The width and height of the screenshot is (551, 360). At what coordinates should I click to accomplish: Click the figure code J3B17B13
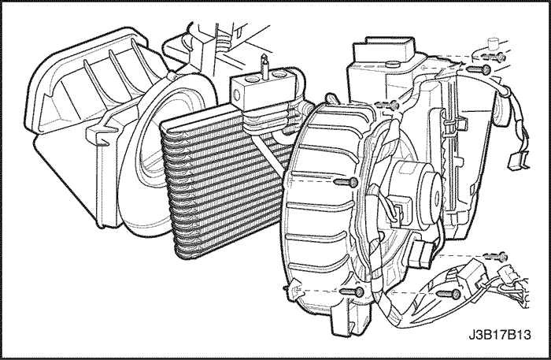click(x=500, y=335)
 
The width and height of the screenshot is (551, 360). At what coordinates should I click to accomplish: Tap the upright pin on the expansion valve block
click(x=264, y=65)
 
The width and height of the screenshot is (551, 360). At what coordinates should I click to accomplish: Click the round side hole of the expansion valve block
click(x=236, y=95)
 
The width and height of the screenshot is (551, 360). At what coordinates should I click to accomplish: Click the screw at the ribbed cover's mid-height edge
click(x=346, y=182)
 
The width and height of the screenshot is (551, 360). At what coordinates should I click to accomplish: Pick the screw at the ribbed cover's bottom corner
click(x=353, y=291)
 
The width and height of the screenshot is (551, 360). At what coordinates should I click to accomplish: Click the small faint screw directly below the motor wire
click(x=496, y=257)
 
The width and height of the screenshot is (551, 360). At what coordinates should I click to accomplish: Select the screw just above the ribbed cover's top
click(x=386, y=105)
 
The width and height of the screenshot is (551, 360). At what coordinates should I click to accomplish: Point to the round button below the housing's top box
click(x=392, y=64)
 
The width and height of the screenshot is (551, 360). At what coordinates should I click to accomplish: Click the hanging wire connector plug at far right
click(x=519, y=160)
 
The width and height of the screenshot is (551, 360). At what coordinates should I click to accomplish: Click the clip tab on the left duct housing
click(x=99, y=135)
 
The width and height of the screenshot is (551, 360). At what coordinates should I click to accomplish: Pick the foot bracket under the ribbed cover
click(x=350, y=317)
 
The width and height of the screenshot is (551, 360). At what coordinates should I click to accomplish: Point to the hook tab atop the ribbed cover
click(x=331, y=98)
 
